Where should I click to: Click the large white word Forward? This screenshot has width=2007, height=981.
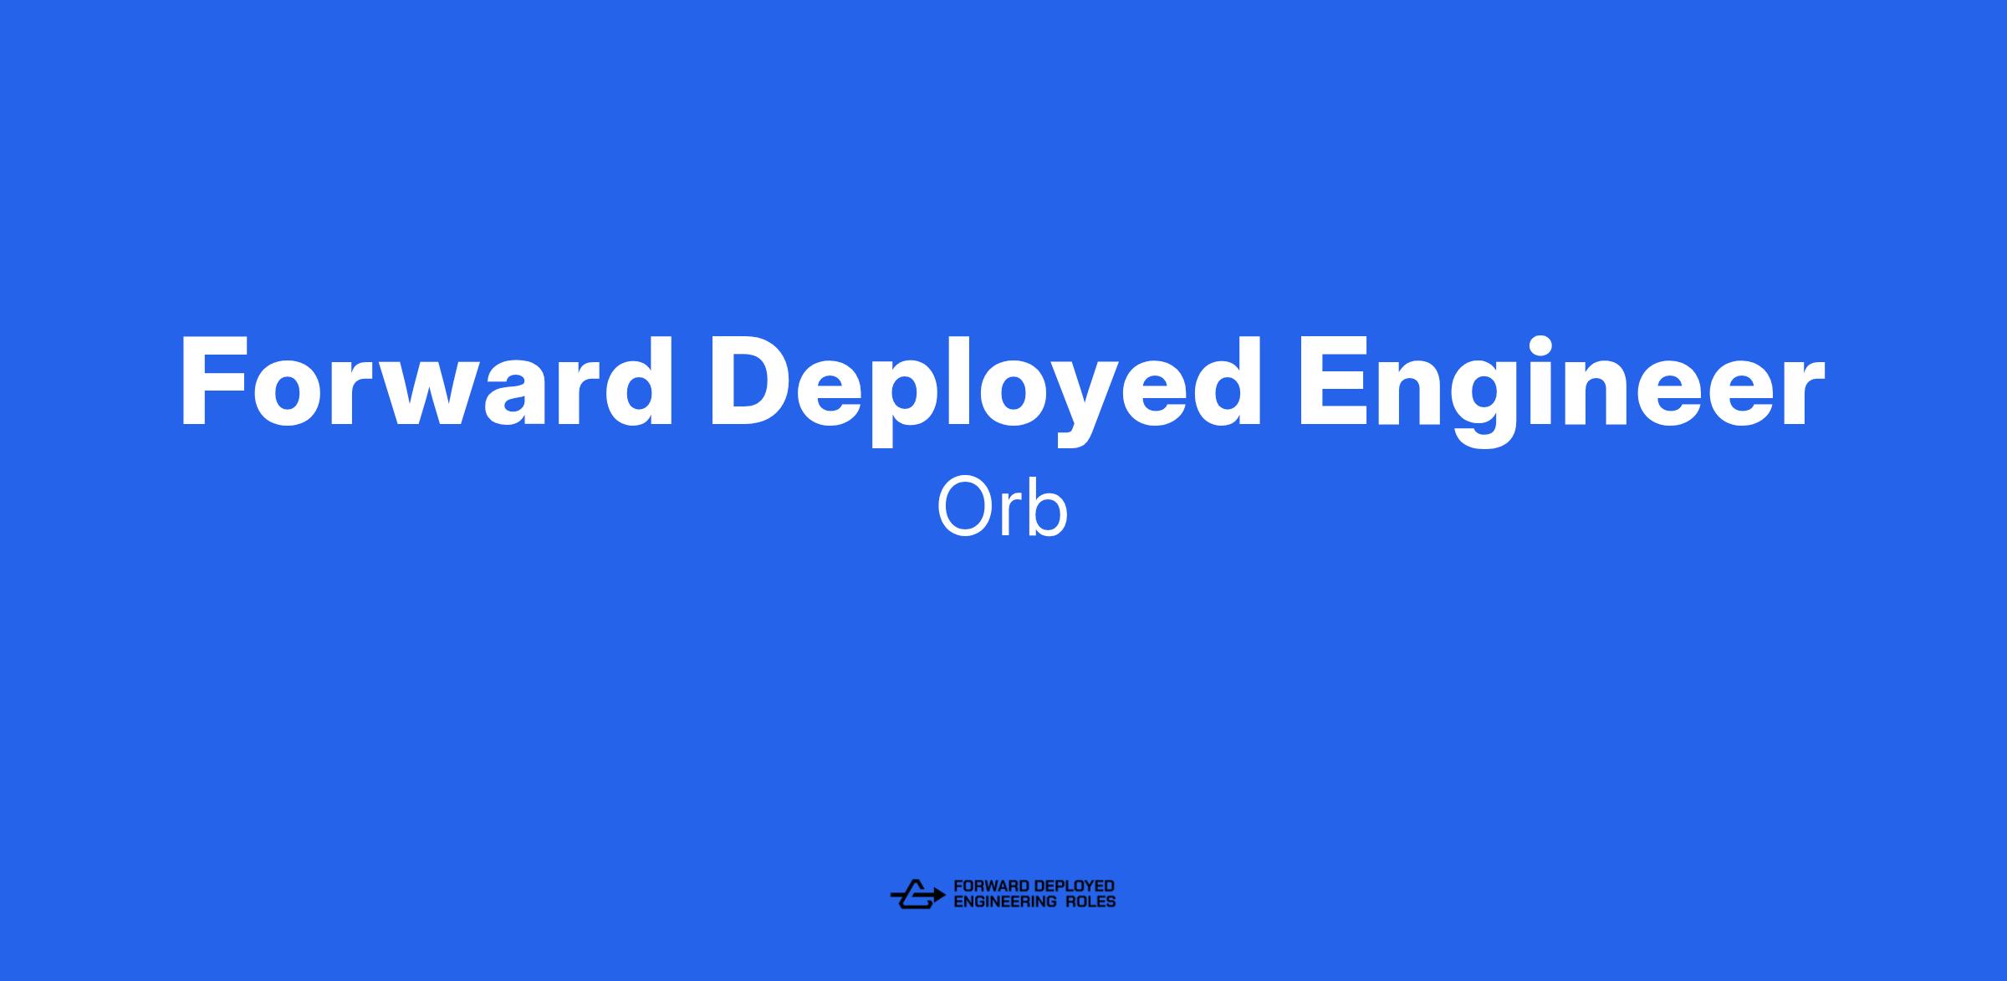pyautogui.click(x=426, y=381)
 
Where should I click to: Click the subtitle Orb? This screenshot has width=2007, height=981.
pyautogui.click(x=1002, y=507)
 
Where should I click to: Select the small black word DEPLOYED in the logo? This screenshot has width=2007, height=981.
pyautogui.click(x=1074, y=886)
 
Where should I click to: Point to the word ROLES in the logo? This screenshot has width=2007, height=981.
pyautogui.click(x=1090, y=902)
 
